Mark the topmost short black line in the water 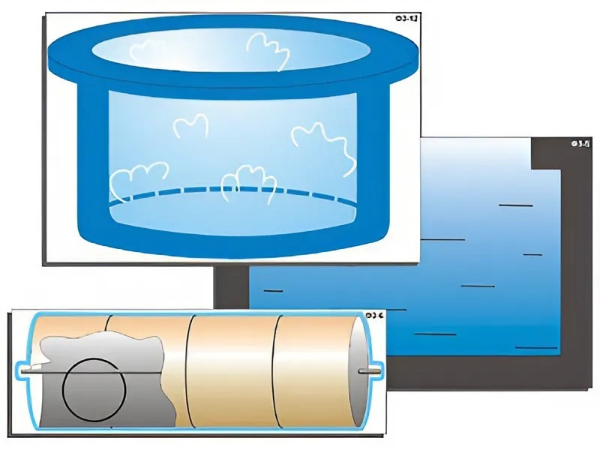coord(516,205)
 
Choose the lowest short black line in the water coord(537,347)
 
